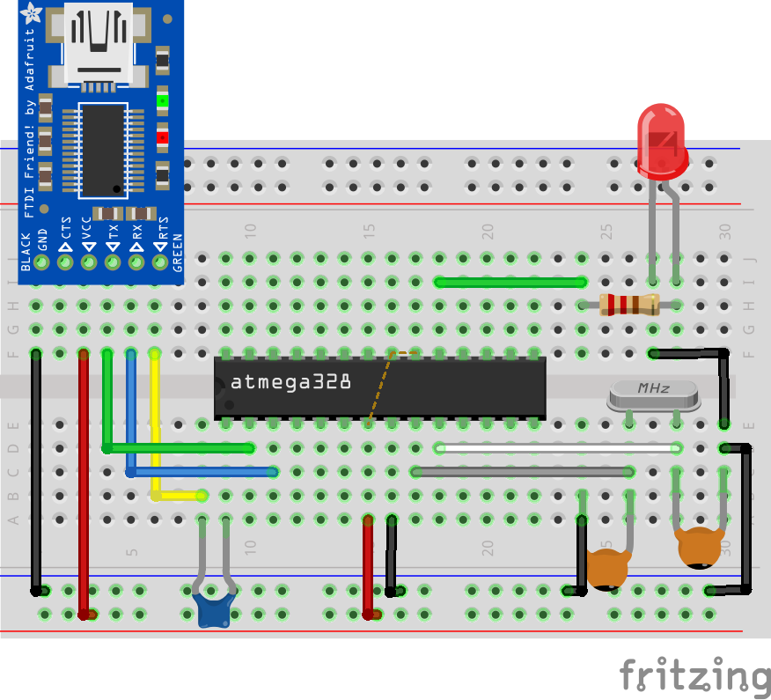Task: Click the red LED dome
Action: point(663,142)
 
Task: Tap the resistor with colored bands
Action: point(628,305)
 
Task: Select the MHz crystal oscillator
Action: point(654,395)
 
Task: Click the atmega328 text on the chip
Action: point(290,382)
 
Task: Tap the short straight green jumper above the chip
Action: point(510,283)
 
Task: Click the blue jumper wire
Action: point(202,472)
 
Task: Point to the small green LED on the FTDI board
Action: point(162,100)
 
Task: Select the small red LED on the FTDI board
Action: point(162,137)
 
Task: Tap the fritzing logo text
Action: point(694,675)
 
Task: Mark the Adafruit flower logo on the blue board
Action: point(33,13)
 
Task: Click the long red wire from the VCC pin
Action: point(84,484)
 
